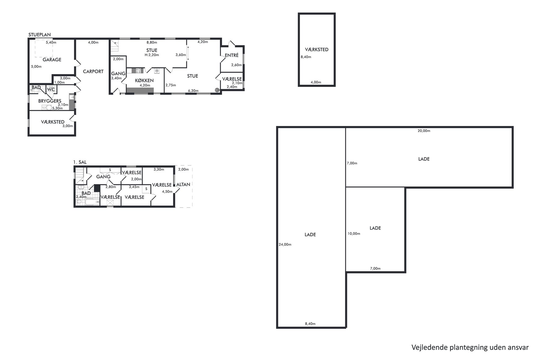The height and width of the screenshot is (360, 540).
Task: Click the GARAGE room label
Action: pos(52,59)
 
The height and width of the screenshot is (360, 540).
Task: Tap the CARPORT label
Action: pos(93,71)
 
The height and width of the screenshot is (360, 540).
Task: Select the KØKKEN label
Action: pos(144,80)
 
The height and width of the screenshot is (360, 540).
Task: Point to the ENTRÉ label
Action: pos(232,55)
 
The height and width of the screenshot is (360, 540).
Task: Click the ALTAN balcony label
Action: pos(183,184)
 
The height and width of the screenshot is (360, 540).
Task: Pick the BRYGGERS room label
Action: pos(50,101)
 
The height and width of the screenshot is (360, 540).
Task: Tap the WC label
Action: pos(51,89)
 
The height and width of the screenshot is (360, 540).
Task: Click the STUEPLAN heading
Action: pos(40,35)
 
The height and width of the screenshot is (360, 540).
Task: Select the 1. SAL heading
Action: pos(80,162)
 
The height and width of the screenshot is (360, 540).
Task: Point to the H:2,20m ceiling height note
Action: pos(152,55)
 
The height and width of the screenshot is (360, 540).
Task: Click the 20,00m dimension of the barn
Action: pos(424,131)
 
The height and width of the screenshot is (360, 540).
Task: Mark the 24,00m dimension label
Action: pos(285,244)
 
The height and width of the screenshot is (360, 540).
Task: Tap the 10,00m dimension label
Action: pos(354,234)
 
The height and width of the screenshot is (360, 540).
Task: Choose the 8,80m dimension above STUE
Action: pos(152,42)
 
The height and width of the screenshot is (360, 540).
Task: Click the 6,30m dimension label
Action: pos(193,91)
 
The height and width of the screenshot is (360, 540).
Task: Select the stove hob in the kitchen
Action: pos(139,71)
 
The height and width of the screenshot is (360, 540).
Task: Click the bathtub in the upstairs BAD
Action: pos(93,202)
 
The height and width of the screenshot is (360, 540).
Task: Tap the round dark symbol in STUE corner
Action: pos(217,90)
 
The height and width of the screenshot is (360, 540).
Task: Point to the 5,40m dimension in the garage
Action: pos(51,42)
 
